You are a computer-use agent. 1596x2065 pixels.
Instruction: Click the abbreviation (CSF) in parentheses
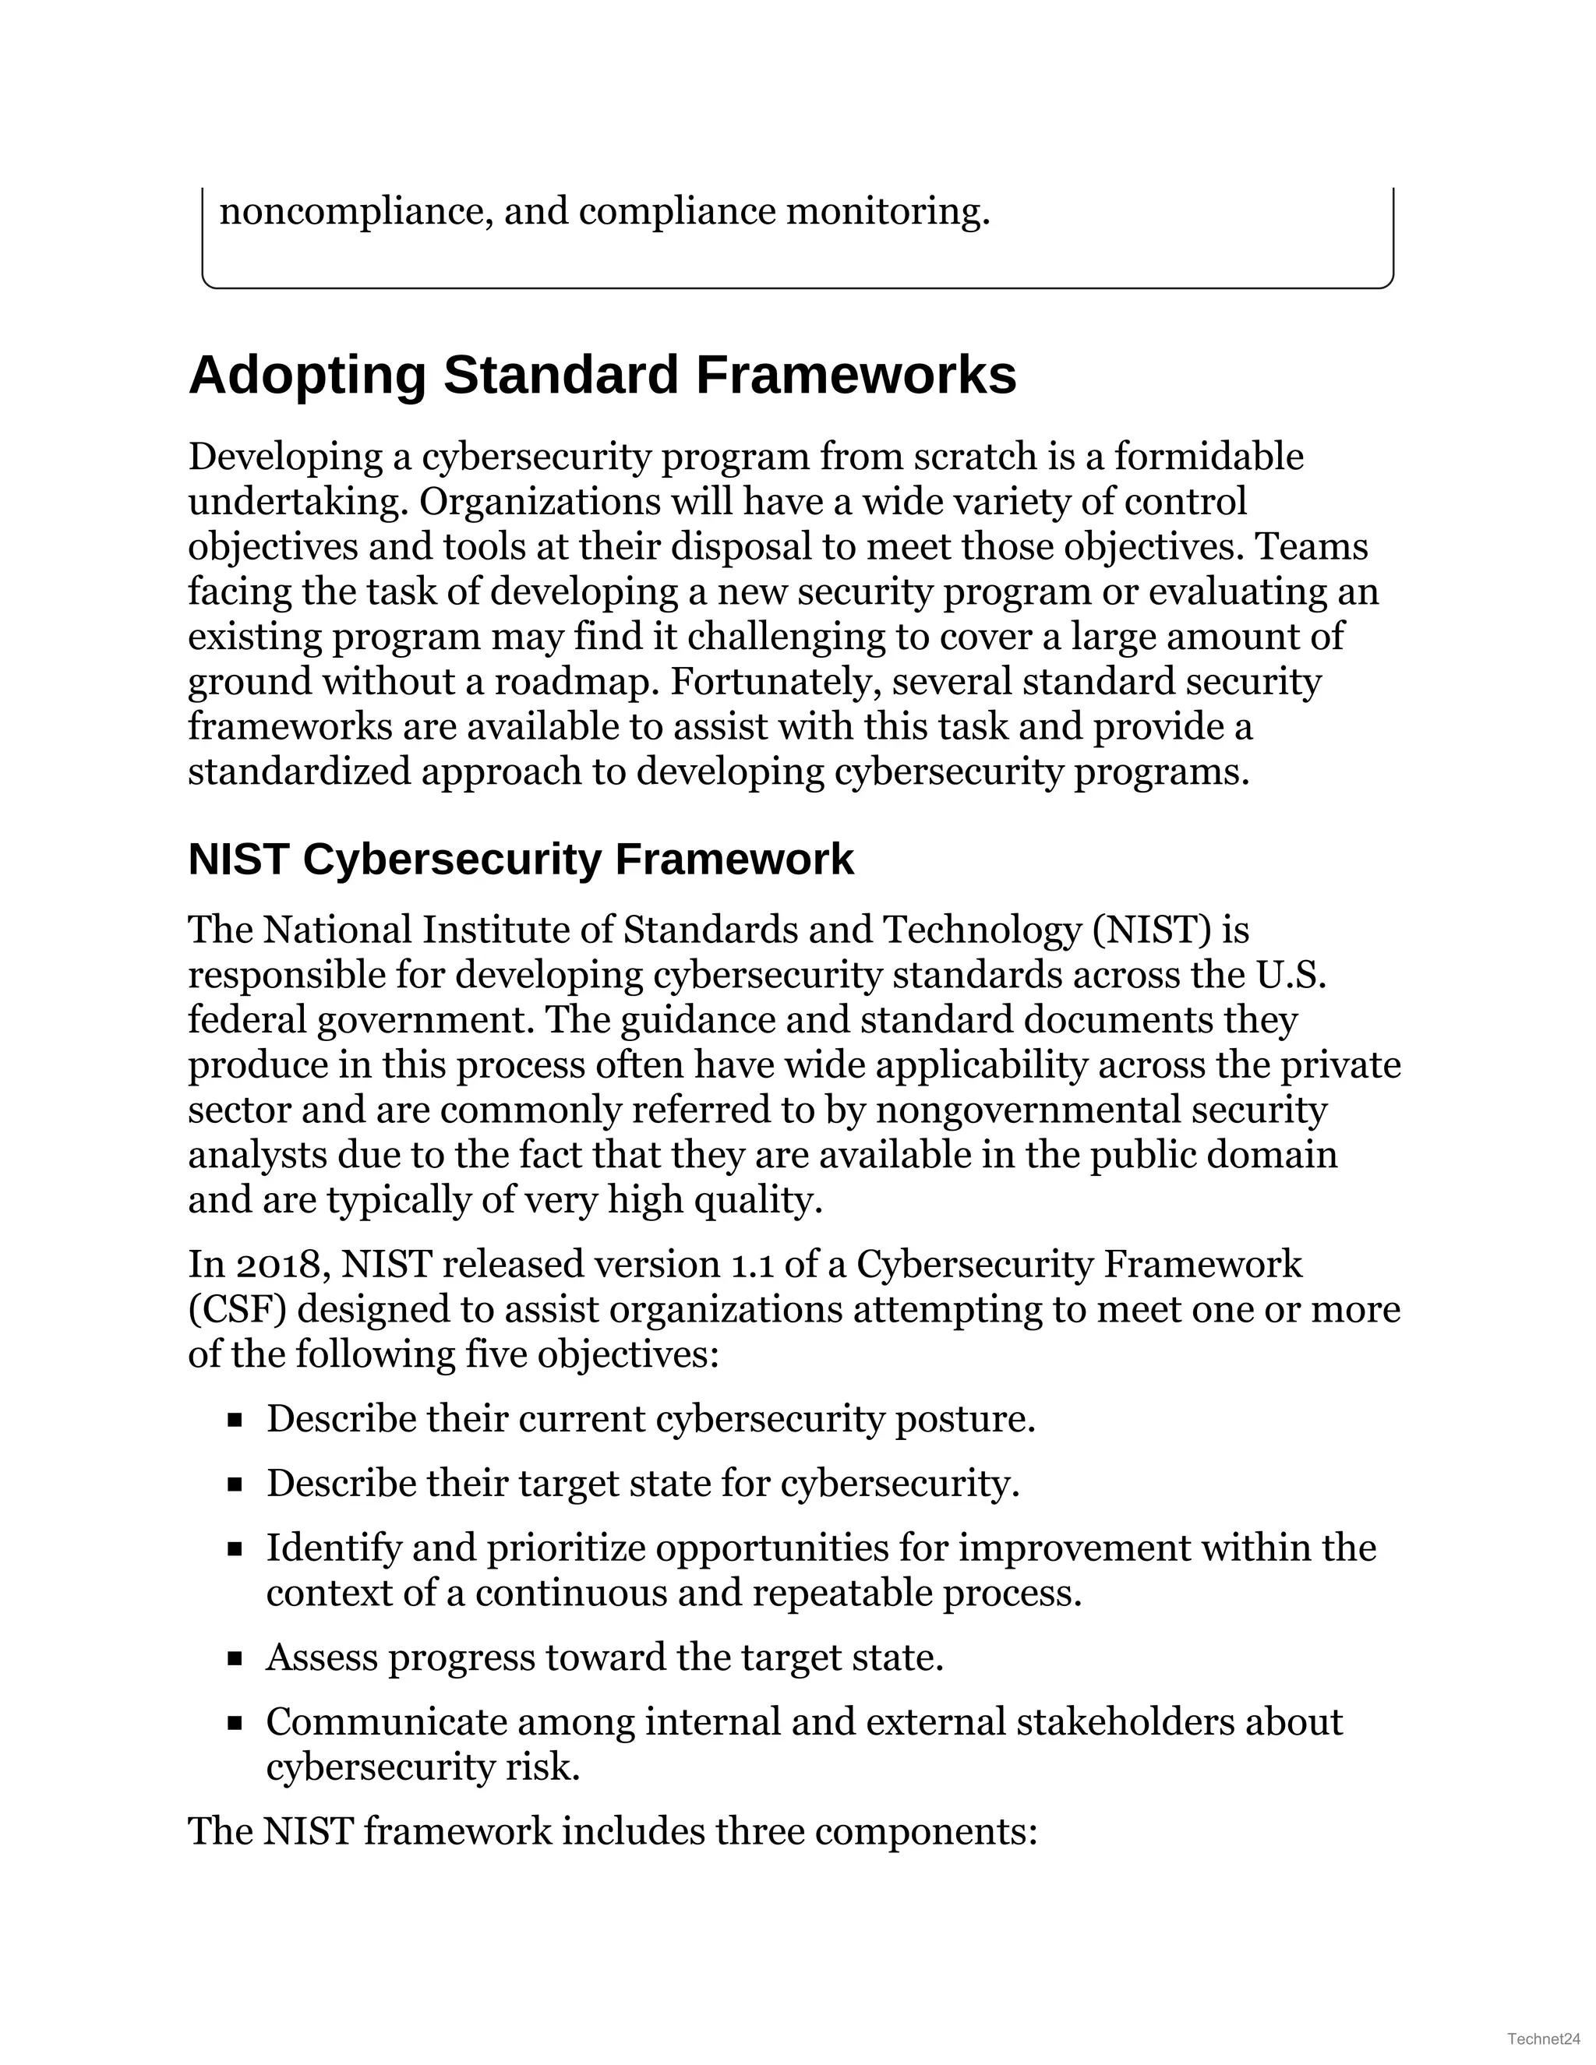(236, 1310)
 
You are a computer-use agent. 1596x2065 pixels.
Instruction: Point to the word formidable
(1209, 457)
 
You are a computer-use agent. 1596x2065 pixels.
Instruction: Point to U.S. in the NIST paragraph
(1291, 976)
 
